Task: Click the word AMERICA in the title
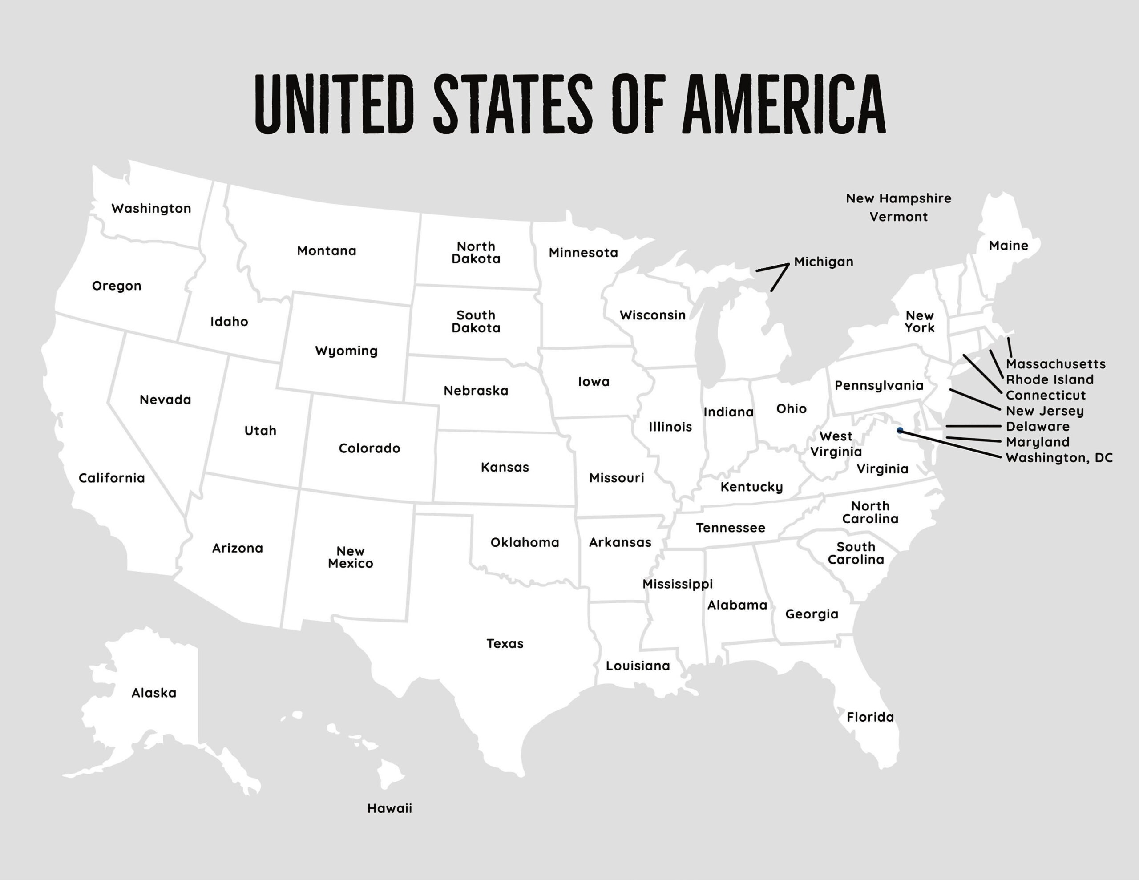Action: pos(784,104)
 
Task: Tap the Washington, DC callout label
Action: pos(1058,458)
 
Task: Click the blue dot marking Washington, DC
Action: pos(900,430)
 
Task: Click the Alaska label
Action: pos(154,693)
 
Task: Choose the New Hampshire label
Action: pos(898,199)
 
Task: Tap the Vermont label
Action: pos(898,217)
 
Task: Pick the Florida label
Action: pos(870,717)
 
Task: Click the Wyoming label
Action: pos(346,351)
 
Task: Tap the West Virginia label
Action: pos(836,444)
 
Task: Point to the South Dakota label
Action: pos(476,322)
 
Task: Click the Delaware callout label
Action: pos(1037,427)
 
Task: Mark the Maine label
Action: pos(1008,246)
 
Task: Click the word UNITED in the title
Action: pos(334,104)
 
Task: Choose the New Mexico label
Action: pos(351,557)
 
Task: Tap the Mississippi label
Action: pos(677,584)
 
